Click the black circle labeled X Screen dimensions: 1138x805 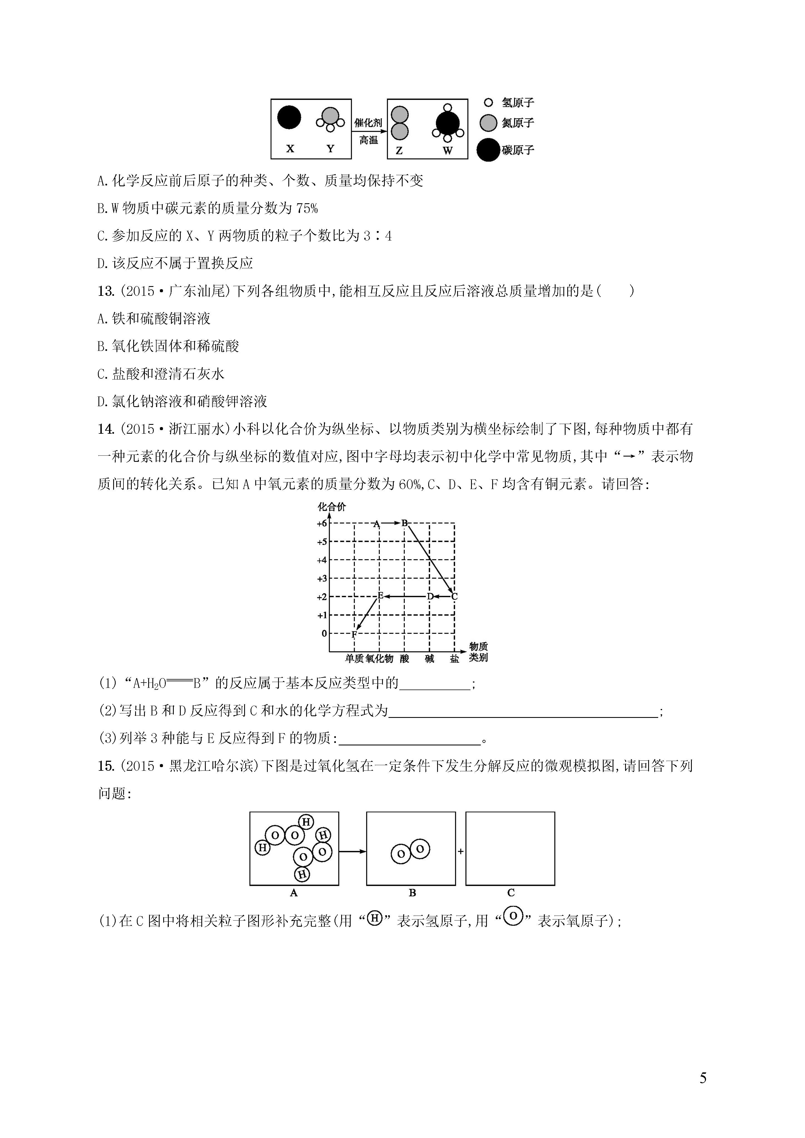pos(289,117)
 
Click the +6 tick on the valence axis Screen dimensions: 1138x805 pos(322,523)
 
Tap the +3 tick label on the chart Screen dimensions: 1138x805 pos(322,578)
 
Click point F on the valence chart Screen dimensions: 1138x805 pos(354,634)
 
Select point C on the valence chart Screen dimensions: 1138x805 pos(455,597)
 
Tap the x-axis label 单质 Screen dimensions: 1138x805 pos(354,658)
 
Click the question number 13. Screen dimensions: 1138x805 pos(106,291)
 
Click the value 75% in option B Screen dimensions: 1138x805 pos(307,209)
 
